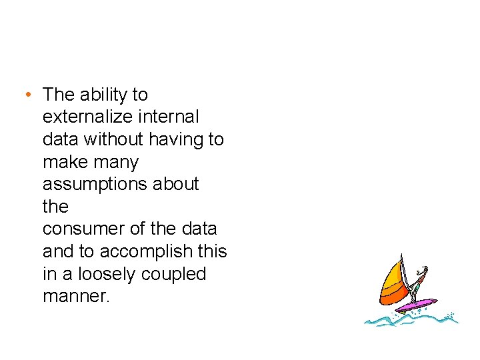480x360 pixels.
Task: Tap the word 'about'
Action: [x=177, y=184]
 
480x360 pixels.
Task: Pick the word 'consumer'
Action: [x=83, y=229]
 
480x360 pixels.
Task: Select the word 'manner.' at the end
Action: [x=75, y=296]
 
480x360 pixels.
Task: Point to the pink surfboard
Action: [x=416, y=305]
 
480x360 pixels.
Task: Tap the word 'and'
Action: [x=57, y=251]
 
